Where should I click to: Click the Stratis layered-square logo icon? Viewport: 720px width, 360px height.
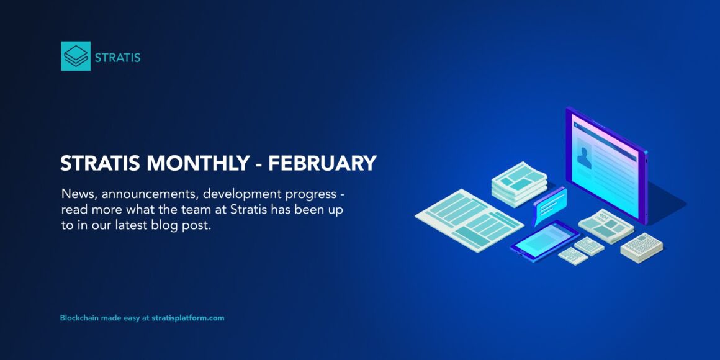76,56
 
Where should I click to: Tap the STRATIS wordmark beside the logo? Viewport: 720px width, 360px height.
117,58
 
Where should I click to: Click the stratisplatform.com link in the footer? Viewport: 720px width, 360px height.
187,318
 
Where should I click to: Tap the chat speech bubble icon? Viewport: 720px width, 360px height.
550,203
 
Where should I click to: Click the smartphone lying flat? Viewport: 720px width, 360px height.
544,238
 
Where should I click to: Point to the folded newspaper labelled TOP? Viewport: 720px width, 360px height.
605,225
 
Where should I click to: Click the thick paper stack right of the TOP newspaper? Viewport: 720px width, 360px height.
641,246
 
